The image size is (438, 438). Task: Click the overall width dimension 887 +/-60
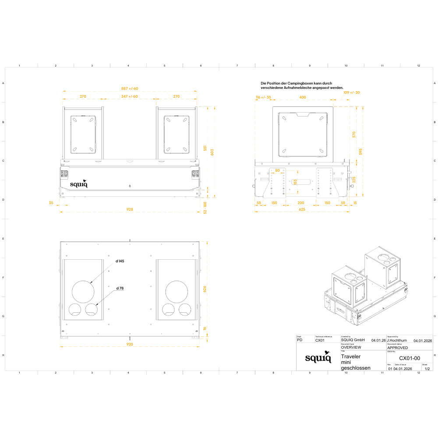point(130,88)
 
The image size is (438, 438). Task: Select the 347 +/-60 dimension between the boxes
point(130,96)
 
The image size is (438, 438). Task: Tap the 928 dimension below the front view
point(130,209)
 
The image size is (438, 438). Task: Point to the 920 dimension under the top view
point(130,344)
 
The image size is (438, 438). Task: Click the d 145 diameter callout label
point(120,261)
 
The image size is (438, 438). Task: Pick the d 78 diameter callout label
point(120,288)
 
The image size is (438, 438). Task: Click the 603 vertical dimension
point(212,152)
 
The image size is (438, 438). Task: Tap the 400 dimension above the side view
point(303,97)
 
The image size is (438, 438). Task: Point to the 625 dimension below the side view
point(302,210)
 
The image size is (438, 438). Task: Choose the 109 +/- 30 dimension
point(351,92)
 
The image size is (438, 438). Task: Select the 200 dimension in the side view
point(300,203)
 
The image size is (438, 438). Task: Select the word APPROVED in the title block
point(398,348)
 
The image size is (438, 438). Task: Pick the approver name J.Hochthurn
point(397,340)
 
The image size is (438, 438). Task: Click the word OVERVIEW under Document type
point(351,347)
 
